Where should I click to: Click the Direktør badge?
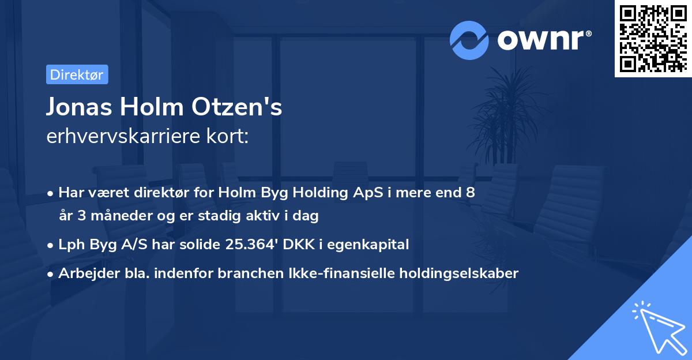tap(77, 74)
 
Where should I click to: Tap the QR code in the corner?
tap(653, 39)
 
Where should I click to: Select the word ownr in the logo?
tap(544, 40)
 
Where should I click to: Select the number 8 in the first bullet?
tap(471, 193)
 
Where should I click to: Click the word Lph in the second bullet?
tap(70, 245)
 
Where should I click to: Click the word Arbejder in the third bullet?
tap(84, 273)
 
